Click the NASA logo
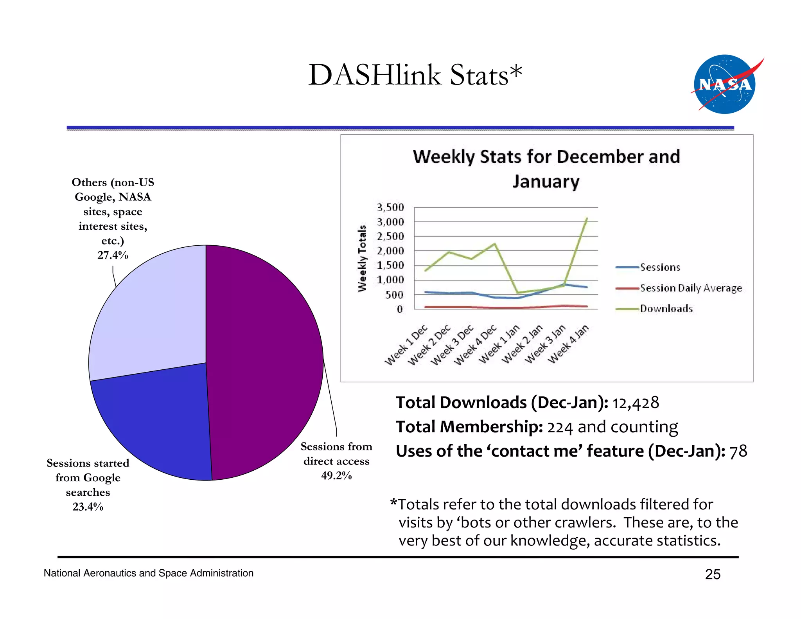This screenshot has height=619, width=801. pos(725,85)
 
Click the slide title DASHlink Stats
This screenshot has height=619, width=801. pos(415,75)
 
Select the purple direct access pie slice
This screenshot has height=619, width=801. pos(266,352)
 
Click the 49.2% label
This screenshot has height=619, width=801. pos(336,476)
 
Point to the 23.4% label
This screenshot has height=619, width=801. pos(88,507)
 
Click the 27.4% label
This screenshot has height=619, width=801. pos(113,255)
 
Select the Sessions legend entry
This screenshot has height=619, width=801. pos(660,268)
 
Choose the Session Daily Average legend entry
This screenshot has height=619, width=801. pos(690,288)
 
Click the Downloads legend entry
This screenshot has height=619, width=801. pos(666,309)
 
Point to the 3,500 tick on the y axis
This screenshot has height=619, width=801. pos(390,207)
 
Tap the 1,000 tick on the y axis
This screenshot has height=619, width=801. pos(390,280)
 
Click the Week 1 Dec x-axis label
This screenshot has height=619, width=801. pos(407,344)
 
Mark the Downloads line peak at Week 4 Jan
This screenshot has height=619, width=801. pos(587,218)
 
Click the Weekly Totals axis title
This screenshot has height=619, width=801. pos(362,258)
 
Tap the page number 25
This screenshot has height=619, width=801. pos(713,574)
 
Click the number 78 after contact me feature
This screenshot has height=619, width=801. pos(738,451)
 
